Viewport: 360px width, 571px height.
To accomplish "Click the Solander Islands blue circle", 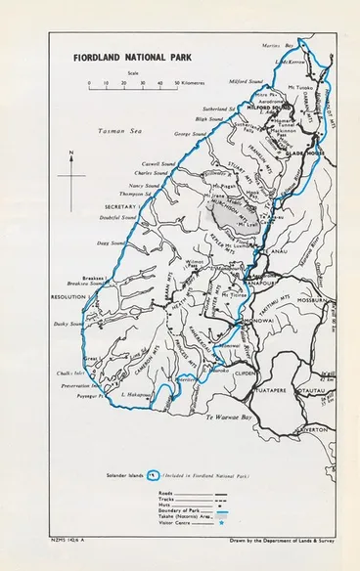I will (x=153, y=477).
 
